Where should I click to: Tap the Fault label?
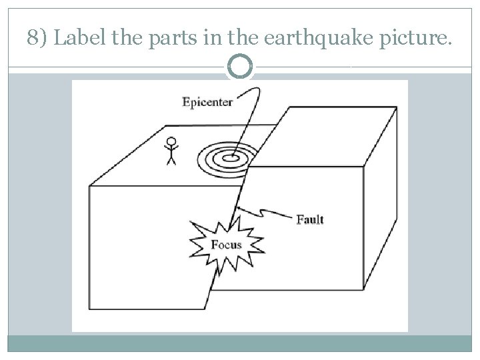[x=310, y=219]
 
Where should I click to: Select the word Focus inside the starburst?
[x=226, y=244]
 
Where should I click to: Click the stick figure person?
[x=171, y=150]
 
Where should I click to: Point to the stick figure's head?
[x=171, y=141]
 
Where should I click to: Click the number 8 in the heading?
[x=34, y=39]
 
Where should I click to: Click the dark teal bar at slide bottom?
[x=240, y=343]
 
